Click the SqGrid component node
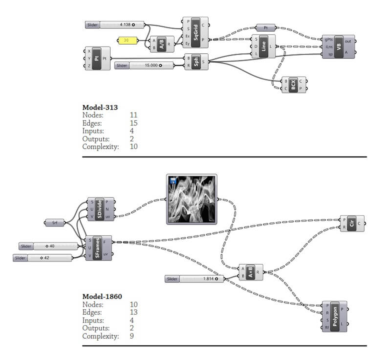pos(195,33)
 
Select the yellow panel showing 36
pos(127,40)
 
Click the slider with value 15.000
pos(144,65)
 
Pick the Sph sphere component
pos(196,62)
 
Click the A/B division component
pos(162,43)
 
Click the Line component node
pos(263,46)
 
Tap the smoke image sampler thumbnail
pos(192,199)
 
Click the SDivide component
pos(100,209)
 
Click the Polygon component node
pos(334,316)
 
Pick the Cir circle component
pos(352,223)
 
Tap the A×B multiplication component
pos(250,272)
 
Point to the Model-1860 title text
pos(102,296)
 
